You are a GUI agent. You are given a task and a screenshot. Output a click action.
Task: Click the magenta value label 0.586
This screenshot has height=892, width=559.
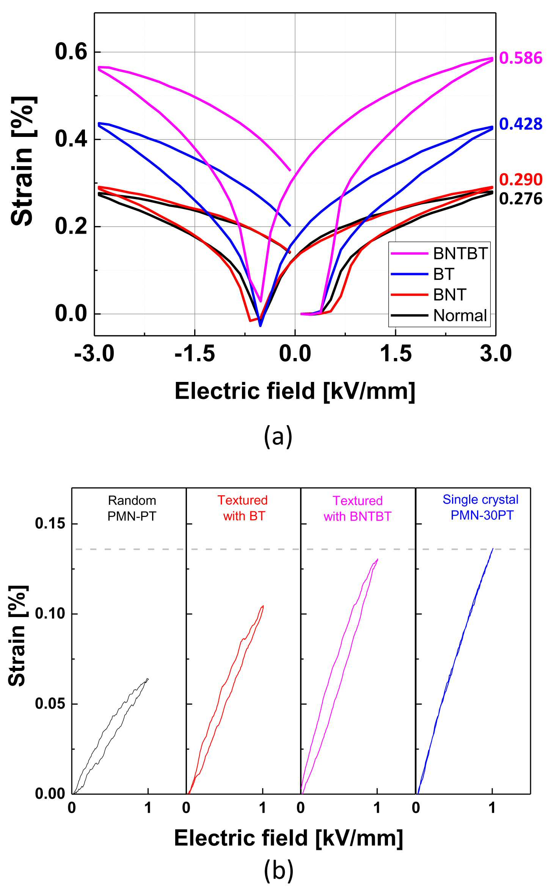pos(521,58)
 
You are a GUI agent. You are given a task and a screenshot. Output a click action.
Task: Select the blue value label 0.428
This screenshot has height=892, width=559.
pos(521,124)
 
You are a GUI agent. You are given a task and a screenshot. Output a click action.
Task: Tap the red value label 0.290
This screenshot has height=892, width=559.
pos(521,179)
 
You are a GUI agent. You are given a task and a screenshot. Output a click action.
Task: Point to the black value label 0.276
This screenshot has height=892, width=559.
pos(521,199)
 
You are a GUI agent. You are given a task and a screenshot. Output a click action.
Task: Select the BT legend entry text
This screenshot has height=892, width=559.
pos(444,274)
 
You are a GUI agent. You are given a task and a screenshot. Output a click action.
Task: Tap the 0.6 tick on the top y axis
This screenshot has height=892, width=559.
pos(71,52)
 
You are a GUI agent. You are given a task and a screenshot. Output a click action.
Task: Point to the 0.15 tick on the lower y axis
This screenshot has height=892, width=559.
pos(50,524)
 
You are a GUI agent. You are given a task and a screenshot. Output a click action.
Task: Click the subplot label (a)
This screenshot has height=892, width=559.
pos(278,437)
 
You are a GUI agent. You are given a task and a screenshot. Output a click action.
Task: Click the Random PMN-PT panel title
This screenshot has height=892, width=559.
pos(132,508)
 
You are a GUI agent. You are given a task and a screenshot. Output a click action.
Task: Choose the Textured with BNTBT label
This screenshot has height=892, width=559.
pos(357,509)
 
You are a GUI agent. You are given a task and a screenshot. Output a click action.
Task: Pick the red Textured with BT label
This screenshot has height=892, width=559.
pos(243,508)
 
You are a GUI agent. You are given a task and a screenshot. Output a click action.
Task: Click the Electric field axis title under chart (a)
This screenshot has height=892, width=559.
pos(295,391)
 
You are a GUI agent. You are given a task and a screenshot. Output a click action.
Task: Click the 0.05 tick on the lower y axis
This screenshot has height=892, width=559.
pos(50,704)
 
